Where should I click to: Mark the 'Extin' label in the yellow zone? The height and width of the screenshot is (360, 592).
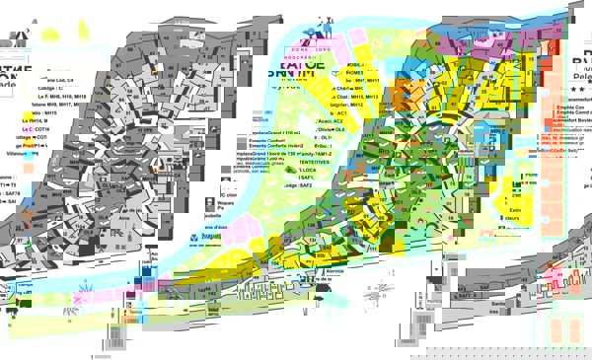pos(514,210)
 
